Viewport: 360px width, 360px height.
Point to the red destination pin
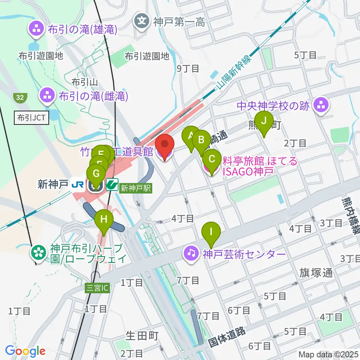[x=164, y=145]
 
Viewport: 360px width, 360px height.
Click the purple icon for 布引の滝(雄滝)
[x=37, y=28]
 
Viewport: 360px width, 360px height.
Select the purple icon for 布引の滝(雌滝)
[x=47, y=96]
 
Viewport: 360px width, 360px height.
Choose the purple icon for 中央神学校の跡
[x=321, y=105]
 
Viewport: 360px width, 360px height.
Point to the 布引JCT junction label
[x=31, y=118]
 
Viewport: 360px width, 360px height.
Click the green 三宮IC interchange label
[x=97, y=288]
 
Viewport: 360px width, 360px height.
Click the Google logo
[x=25, y=351]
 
